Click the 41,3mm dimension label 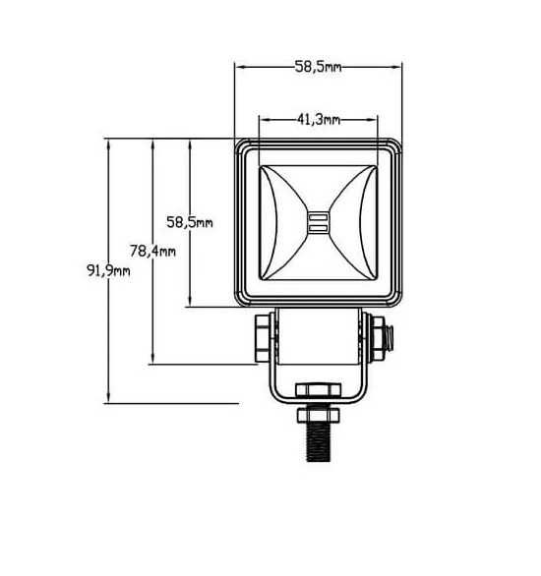[x=319, y=119]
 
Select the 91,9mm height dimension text [x=108, y=270]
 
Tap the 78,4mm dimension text [x=152, y=251]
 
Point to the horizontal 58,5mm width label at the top [x=319, y=67]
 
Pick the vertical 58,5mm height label [x=190, y=222]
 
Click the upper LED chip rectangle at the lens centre [x=319, y=217]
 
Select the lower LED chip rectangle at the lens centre [x=319, y=228]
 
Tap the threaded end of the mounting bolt [x=319, y=442]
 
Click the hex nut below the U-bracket [x=319, y=415]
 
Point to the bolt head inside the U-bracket [x=319, y=390]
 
